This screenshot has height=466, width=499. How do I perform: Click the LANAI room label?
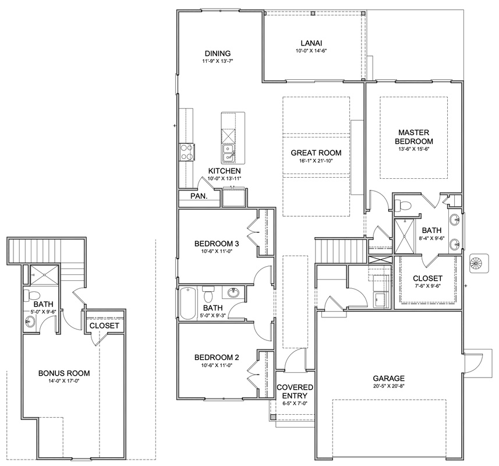312,43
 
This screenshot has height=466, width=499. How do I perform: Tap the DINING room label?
218,54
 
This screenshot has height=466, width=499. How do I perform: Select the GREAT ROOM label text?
316,153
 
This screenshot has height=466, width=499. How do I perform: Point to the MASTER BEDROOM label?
414,137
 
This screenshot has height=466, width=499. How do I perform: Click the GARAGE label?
389,379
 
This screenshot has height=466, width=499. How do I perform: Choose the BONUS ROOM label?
64,373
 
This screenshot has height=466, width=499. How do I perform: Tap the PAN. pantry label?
199,196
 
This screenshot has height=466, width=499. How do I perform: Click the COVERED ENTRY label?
295,391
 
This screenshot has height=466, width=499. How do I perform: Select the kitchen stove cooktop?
186,152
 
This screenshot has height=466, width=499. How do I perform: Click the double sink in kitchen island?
228,153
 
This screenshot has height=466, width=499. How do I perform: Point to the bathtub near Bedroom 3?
187,303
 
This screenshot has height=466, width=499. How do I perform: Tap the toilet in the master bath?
402,205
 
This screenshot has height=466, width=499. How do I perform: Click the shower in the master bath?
405,236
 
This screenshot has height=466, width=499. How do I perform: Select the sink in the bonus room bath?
30,322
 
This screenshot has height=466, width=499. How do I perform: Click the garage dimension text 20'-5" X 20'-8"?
389,386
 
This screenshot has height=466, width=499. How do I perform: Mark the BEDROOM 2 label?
217,358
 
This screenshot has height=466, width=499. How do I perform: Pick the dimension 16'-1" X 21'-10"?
316,161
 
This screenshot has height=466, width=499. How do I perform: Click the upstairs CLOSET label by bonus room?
104,326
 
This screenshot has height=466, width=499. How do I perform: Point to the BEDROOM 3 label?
217,244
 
